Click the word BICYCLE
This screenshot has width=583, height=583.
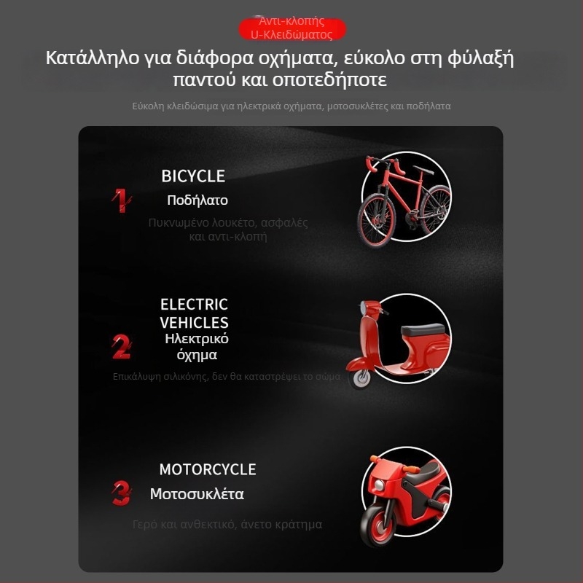point(193,176)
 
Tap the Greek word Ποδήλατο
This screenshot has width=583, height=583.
point(197,200)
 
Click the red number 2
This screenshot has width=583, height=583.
point(121,347)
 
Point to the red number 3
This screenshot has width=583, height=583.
point(121,493)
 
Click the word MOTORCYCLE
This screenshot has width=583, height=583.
point(208,469)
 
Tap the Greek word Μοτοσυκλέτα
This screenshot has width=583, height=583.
point(197,494)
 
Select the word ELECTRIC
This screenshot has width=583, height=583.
point(194,305)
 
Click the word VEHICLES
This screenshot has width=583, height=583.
point(194,322)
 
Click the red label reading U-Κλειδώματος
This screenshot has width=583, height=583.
point(291,34)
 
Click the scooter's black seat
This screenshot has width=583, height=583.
point(422,329)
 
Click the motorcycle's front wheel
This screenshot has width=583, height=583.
point(378,525)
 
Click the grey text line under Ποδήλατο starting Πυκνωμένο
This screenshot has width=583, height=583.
point(227,223)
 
